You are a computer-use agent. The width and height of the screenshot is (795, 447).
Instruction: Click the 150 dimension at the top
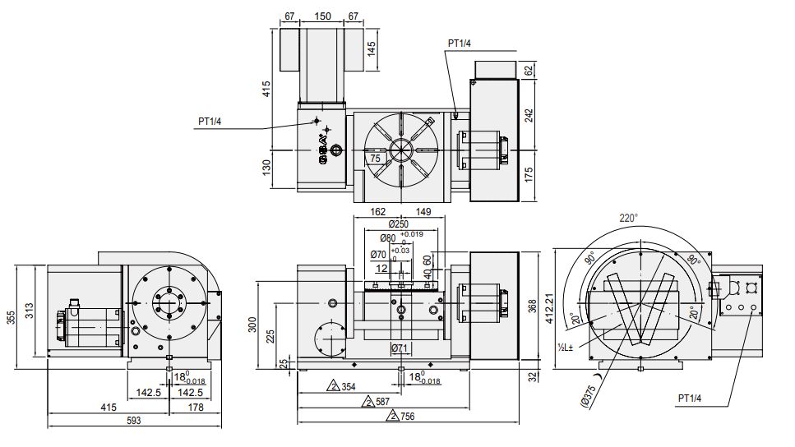tap(323, 15)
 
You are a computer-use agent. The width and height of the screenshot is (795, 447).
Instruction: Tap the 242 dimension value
tap(529, 114)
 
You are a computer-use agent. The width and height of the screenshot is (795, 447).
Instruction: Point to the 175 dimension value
tap(529, 174)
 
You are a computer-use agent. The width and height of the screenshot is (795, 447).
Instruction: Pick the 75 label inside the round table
tap(374, 158)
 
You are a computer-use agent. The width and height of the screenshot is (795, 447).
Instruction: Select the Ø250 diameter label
tap(399, 223)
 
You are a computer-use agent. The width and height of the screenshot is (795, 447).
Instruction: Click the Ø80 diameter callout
tap(387, 239)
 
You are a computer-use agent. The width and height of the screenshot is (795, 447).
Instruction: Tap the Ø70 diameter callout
tap(379, 254)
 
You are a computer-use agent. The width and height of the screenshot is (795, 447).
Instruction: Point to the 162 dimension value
tap(378, 211)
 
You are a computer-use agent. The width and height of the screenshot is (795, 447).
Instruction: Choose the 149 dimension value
tap(423, 211)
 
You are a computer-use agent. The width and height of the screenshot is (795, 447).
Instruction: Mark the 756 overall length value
tap(406, 417)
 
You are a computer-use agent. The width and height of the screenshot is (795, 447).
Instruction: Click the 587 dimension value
tap(381, 402)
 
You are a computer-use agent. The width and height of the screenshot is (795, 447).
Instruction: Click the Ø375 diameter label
tap(591, 397)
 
